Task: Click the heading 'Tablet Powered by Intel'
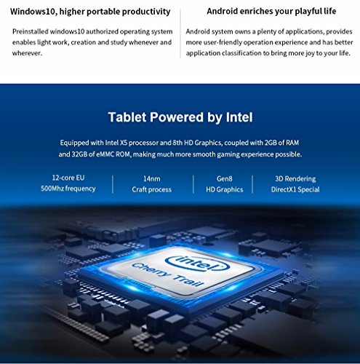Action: [180, 117]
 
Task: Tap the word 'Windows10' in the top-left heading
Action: [33, 12]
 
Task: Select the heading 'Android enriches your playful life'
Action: [271, 11]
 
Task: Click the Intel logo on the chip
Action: [198, 263]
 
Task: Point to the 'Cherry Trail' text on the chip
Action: [168, 274]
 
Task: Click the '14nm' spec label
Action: [152, 179]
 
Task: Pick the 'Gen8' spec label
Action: [225, 179]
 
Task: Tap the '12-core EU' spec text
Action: [68, 178]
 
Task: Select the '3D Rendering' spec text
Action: [295, 179]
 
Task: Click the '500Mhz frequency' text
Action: [68, 189]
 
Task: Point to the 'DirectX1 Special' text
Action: [295, 189]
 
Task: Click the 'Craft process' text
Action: [152, 189]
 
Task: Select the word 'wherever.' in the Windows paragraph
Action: [27, 53]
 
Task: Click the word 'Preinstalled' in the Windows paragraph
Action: [31, 31]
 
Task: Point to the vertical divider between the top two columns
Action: [180, 33]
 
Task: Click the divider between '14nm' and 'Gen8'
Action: [193, 184]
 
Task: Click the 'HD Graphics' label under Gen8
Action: [225, 189]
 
